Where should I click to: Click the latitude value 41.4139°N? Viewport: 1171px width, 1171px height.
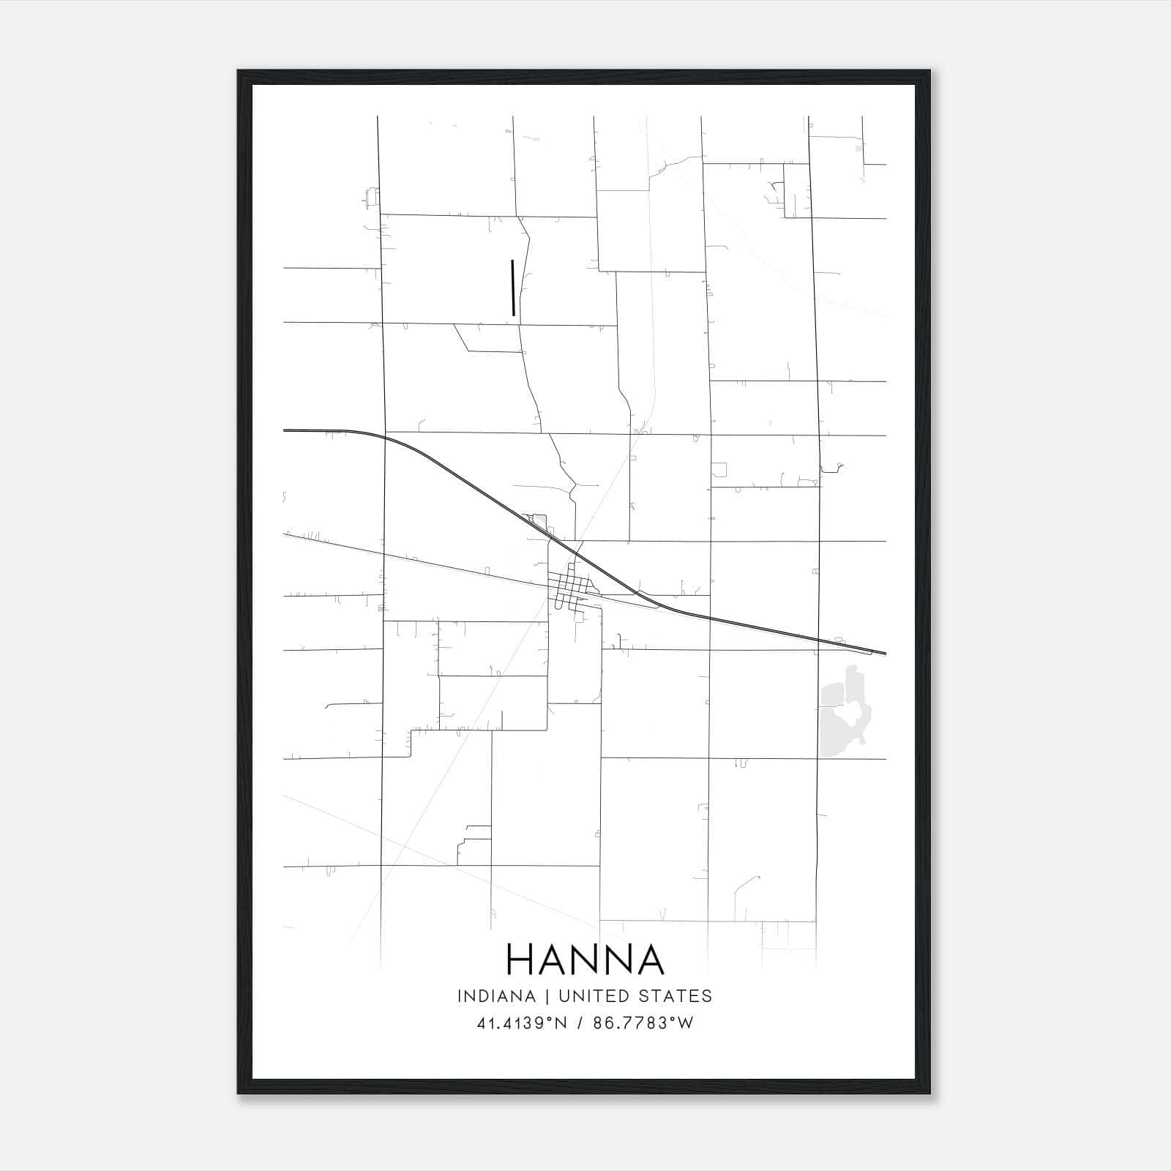point(522,1023)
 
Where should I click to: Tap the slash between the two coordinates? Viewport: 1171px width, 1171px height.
point(580,1023)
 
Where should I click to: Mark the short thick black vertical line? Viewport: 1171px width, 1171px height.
point(513,288)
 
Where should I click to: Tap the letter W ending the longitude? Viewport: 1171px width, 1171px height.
point(684,1023)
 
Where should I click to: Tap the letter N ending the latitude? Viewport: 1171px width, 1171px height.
point(562,1023)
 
